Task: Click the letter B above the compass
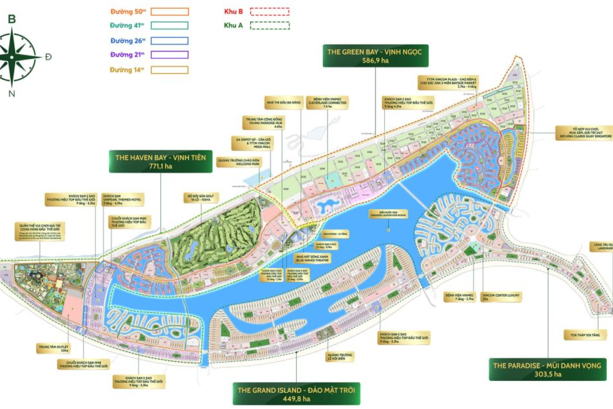pyautogui.click(x=12, y=20)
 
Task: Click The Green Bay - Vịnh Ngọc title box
pyautogui.click(x=375, y=56)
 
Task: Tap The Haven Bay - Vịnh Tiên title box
pyautogui.click(x=160, y=162)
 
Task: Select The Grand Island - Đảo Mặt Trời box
pyautogui.click(x=296, y=394)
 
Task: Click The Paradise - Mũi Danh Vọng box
pyautogui.click(x=547, y=369)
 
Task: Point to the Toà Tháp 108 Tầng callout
pyautogui.click(x=585, y=335)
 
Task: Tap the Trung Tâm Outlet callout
pyautogui.click(x=53, y=349)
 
